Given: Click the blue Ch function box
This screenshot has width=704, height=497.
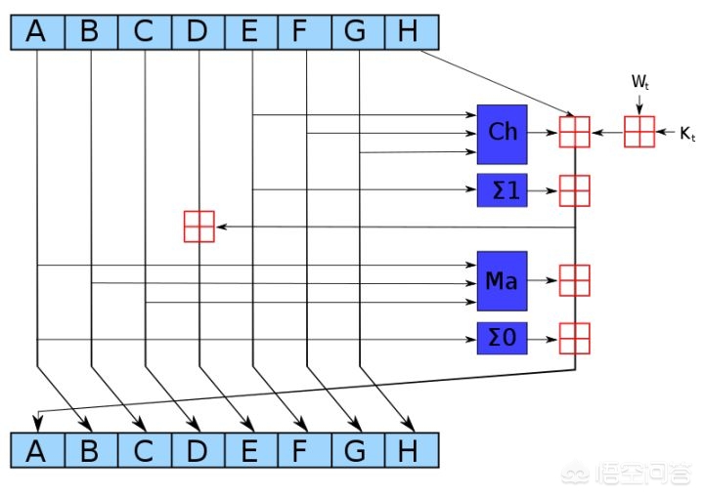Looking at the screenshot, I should pyautogui.click(x=502, y=133).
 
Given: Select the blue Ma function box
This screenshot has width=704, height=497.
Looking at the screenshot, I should pyautogui.click(x=502, y=281).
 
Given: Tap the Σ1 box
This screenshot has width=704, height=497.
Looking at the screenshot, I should pyautogui.click(x=502, y=189).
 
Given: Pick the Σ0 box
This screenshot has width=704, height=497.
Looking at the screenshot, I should pyautogui.click(x=502, y=338).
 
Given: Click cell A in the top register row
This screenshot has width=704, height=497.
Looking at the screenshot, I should pyautogui.click(x=37, y=31).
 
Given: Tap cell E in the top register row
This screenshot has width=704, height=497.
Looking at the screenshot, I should pyautogui.click(x=251, y=31).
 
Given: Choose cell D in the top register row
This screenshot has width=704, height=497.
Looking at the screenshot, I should pyautogui.click(x=198, y=31).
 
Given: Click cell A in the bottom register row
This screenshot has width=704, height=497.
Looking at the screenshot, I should pyautogui.click(x=37, y=450).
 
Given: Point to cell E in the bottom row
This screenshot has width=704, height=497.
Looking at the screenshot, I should pyautogui.click(x=251, y=450).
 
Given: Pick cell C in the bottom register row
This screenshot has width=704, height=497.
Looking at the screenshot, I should pyautogui.click(x=144, y=450).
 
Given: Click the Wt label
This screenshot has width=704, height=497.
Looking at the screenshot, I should pyautogui.click(x=638, y=83).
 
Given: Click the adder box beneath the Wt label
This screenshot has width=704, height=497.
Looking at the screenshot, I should pyautogui.click(x=638, y=131).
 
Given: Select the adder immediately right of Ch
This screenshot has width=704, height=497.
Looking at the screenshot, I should pyautogui.click(x=574, y=132).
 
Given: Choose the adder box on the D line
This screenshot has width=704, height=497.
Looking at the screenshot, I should pyautogui.click(x=198, y=226).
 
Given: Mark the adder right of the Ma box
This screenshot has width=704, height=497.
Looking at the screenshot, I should pyautogui.click(x=574, y=280).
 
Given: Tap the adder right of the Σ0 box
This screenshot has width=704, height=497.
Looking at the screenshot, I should pyautogui.click(x=574, y=338).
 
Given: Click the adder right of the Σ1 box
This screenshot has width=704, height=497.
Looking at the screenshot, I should pyautogui.click(x=574, y=189).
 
